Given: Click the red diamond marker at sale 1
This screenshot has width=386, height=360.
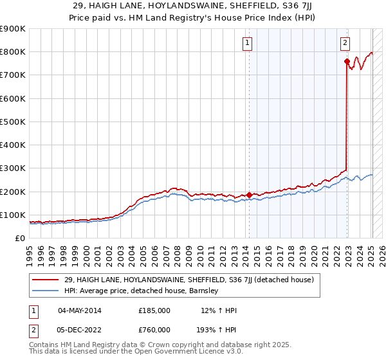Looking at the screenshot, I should point(249,195).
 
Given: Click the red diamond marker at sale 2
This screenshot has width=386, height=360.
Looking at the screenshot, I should point(347,62).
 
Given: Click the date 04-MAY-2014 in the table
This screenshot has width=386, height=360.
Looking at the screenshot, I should point(80,310).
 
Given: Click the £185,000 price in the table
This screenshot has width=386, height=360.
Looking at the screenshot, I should point(154,310).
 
